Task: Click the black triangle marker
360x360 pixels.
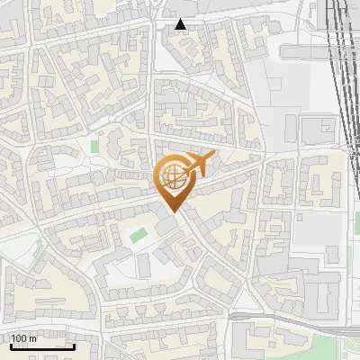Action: coord(181,24)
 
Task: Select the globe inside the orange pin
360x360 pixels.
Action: coord(173,176)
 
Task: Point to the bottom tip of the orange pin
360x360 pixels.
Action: coord(173,212)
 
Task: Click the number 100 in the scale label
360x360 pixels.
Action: coord(20,338)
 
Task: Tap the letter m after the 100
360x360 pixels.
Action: coord(33,338)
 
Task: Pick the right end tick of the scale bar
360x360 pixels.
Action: coord(73,346)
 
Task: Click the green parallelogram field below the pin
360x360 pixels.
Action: coord(137,235)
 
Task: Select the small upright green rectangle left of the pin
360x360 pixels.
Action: coord(94,145)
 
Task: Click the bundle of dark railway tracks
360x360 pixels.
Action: coord(340,54)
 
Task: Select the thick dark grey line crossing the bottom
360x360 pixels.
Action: coord(270,318)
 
